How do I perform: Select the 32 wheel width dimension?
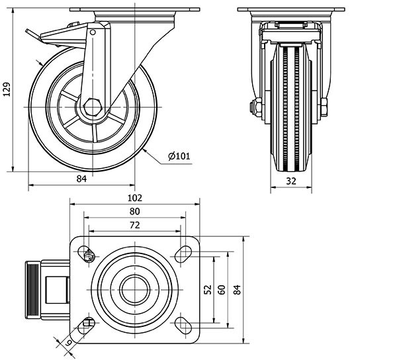[291, 179]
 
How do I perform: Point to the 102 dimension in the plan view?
[134, 197]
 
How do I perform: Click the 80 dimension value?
[134, 212]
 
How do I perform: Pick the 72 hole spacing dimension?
[134, 226]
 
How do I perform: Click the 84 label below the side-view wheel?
[81, 179]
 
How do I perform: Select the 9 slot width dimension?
[68, 343]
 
